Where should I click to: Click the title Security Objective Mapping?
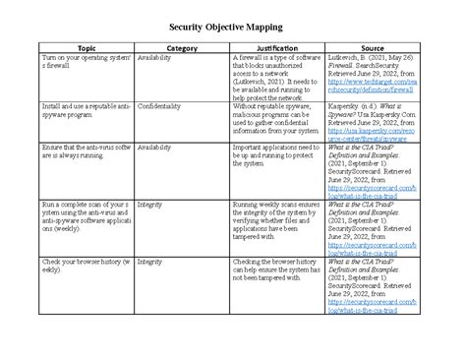pyautogui.click(x=233, y=25)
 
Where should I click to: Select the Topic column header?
pyautogui.click(x=87, y=47)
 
